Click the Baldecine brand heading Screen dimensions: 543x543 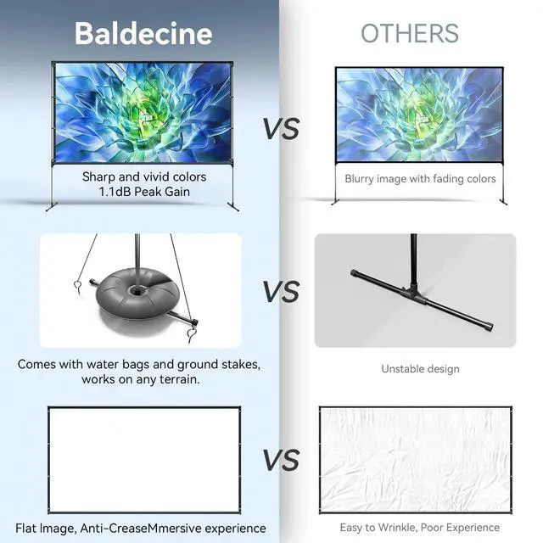point(143,34)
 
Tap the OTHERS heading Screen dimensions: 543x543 point(410,33)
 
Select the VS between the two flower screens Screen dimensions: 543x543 point(281,128)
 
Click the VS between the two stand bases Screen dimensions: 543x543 point(281,291)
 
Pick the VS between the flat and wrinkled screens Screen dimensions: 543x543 point(281,460)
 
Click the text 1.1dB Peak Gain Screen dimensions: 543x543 point(144,192)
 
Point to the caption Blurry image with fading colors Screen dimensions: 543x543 point(420,179)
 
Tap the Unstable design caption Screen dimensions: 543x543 point(421,369)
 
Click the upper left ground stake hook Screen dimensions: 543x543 point(78,287)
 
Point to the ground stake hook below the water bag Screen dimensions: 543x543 point(192,336)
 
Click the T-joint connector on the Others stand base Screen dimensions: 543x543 point(412,294)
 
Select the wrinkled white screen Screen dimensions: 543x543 point(415,460)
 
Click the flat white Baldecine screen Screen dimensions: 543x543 point(144,460)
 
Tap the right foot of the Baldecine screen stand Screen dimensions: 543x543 point(233,207)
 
